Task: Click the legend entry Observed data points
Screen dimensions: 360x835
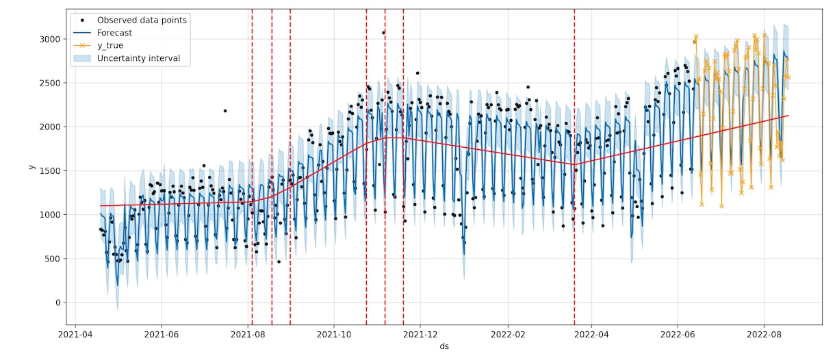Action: [x=142, y=20]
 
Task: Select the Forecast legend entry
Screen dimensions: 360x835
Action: [x=114, y=33]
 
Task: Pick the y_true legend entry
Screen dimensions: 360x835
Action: [x=110, y=45]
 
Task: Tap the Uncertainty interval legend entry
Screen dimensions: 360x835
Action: [x=138, y=58]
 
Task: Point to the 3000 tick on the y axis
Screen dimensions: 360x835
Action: [x=49, y=39]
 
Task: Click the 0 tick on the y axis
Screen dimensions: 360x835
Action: [x=57, y=303]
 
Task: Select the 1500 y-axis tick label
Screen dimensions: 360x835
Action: [x=49, y=171]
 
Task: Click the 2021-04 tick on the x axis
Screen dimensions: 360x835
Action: [x=75, y=335]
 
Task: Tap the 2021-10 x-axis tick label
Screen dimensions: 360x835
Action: [x=334, y=335]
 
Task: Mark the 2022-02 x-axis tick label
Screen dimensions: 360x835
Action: [x=508, y=335]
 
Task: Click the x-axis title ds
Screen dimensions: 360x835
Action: [x=444, y=347]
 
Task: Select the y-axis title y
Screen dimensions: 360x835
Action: [x=31, y=166]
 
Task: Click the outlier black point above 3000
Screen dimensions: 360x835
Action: [x=383, y=32]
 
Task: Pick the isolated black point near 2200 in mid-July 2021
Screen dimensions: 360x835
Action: [x=224, y=111]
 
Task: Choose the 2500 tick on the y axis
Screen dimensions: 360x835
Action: [x=49, y=83]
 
